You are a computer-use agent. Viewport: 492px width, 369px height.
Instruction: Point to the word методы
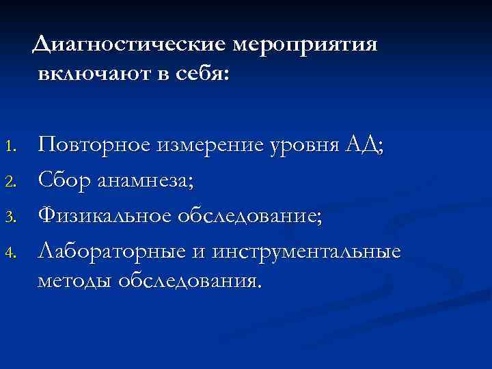click(74, 281)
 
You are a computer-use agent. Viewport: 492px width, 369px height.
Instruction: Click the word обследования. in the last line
click(190, 281)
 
